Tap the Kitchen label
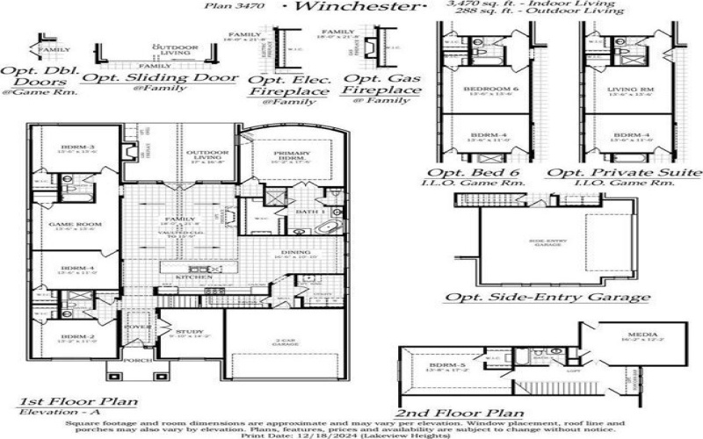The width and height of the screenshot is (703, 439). click(x=194, y=277)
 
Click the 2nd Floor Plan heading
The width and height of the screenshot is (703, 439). click(x=460, y=413)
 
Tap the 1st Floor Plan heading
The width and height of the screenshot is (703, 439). click(x=78, y=401)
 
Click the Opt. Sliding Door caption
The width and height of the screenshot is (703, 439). click(x=159, y=77)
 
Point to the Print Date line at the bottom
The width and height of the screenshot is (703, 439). click(x=351, y=434)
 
